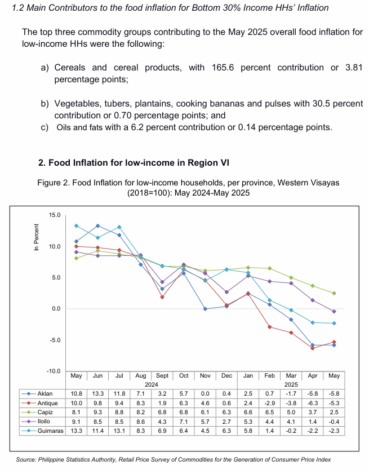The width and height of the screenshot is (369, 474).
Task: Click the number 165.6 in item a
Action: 223,68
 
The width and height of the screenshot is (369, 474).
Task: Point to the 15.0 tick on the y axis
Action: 55,215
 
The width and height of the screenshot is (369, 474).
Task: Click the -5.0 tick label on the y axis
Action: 55,340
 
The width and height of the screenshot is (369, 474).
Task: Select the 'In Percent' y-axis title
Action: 37,237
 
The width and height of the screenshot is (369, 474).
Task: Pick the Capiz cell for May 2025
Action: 334,413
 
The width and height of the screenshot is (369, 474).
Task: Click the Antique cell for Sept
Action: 162,403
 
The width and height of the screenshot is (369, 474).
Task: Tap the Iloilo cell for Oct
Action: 184,422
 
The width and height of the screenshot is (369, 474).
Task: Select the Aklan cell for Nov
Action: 205,393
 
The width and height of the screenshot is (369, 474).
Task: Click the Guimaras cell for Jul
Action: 119,431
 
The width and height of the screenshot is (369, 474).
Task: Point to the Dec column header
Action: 226,375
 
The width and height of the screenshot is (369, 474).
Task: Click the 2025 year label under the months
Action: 291,384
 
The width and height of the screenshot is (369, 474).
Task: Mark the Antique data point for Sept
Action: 162,297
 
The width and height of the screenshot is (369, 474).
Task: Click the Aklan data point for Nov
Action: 205,309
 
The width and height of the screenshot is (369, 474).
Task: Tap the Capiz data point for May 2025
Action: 334,293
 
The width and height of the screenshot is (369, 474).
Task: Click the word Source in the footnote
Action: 26,459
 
